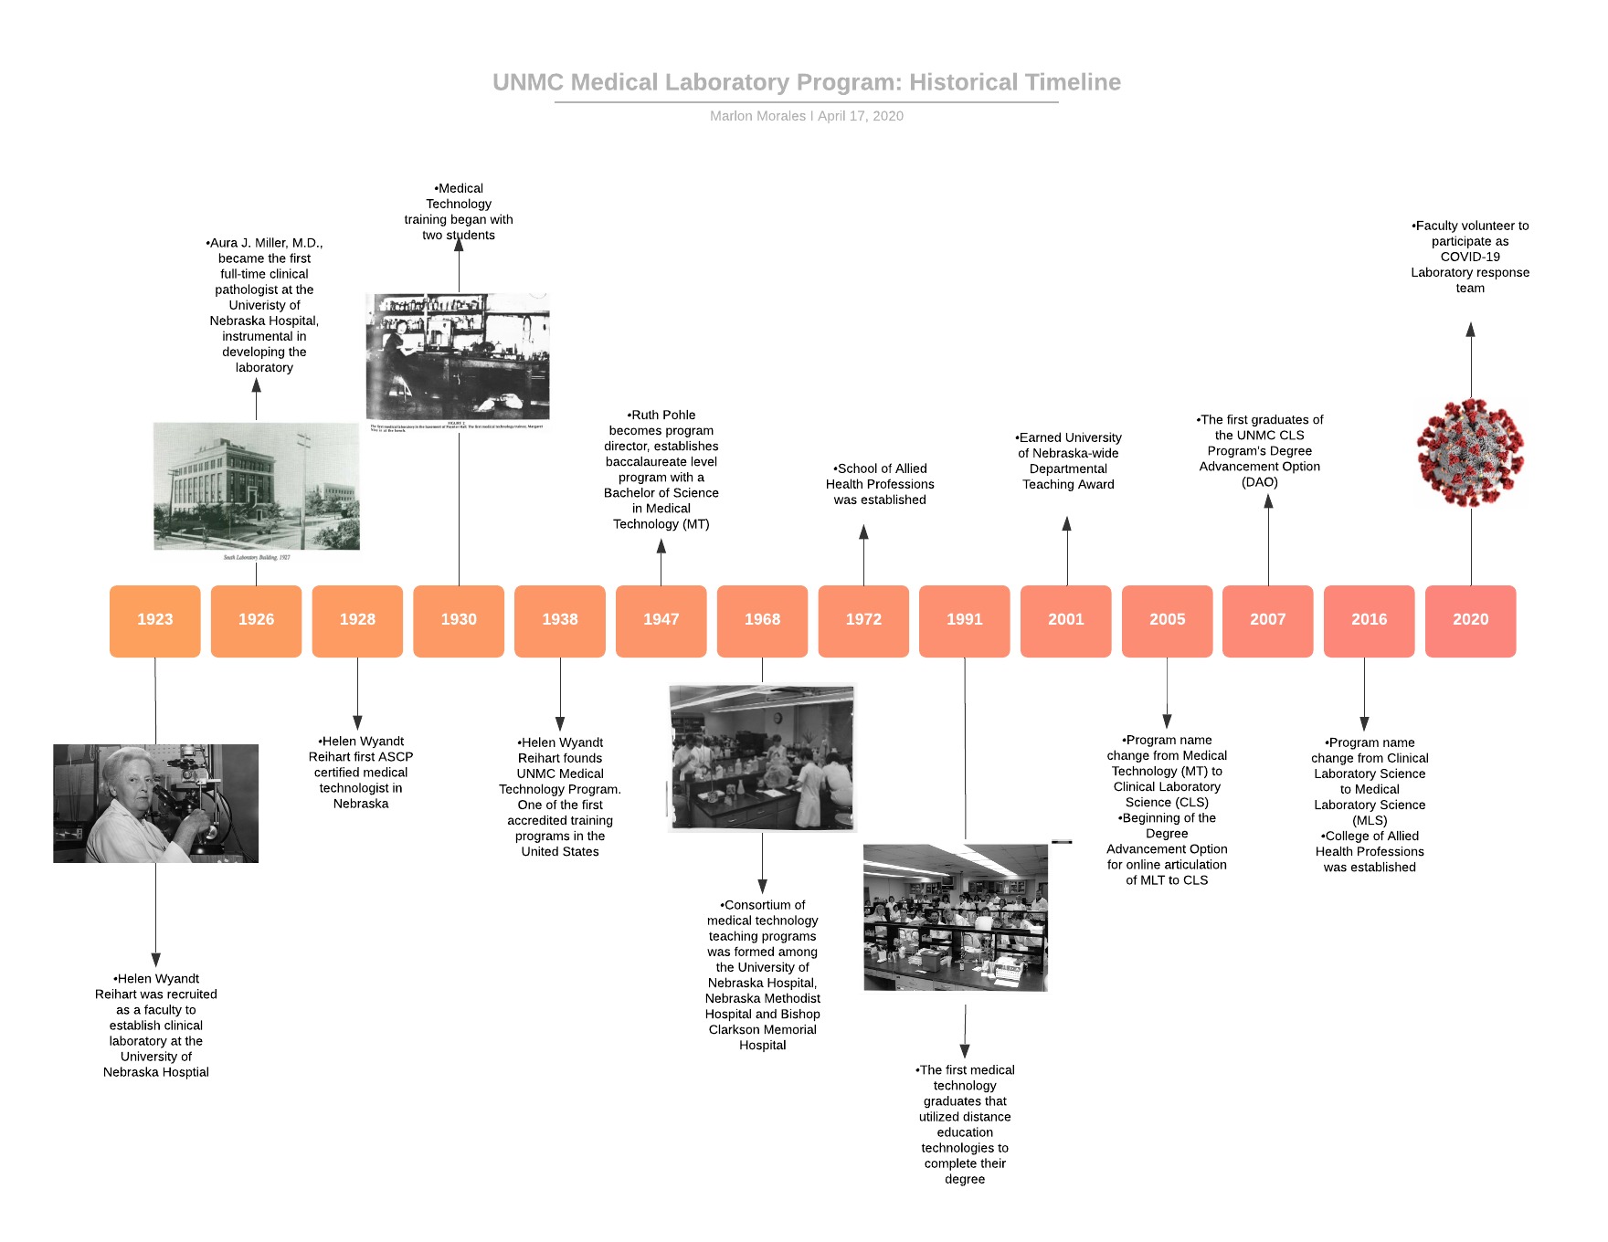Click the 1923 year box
pos(155,620)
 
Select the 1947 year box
pos(661,620)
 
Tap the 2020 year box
pos(1470,620)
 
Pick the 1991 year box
pos(964,620)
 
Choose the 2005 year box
pos(1167,620)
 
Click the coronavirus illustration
pos(1470,453)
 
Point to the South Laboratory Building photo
pos(257,487)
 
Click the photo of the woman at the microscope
pos(156,804)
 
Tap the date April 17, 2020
pos(861,116)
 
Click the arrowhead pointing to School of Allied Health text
pos(863,532)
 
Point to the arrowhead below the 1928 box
pos(357,722)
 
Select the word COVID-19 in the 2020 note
pos(1470,257)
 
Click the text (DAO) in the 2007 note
pos(1260,481)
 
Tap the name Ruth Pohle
pos(663,415)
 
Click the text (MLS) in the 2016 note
pos(1370,820)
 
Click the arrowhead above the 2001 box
pos(1066,523)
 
